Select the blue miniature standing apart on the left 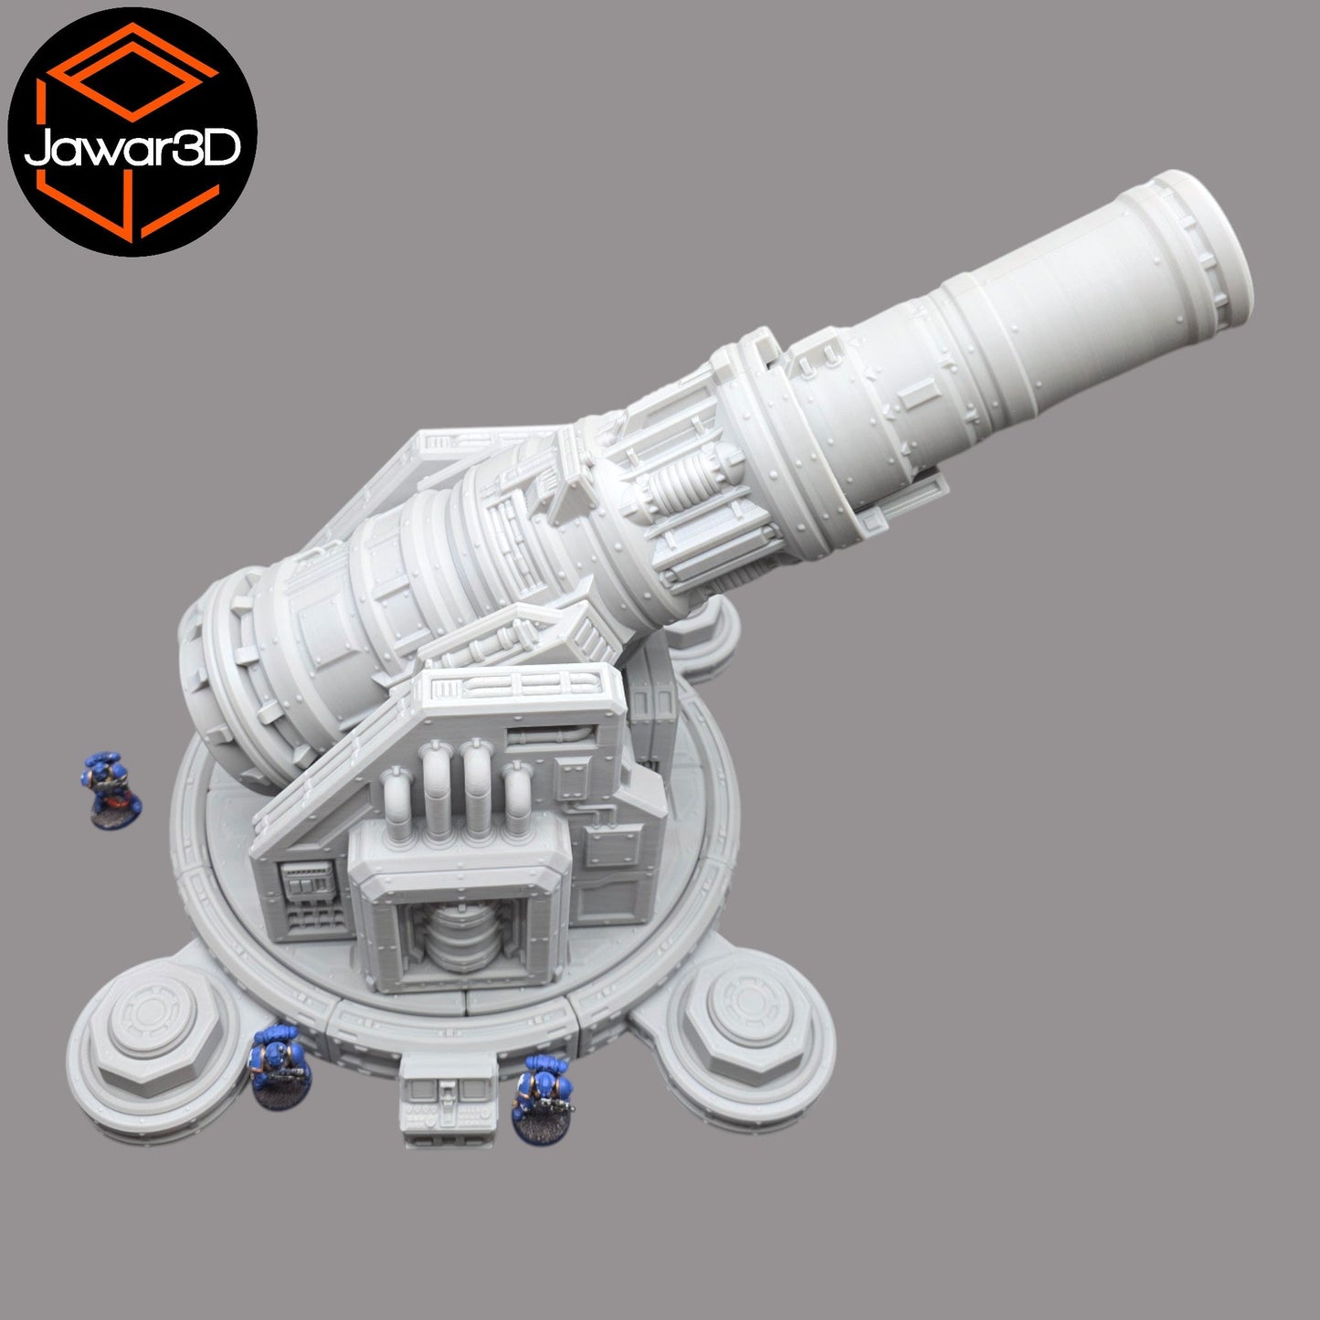(111, 789)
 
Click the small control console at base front (447, 1096)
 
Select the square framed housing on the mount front (460, 913)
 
